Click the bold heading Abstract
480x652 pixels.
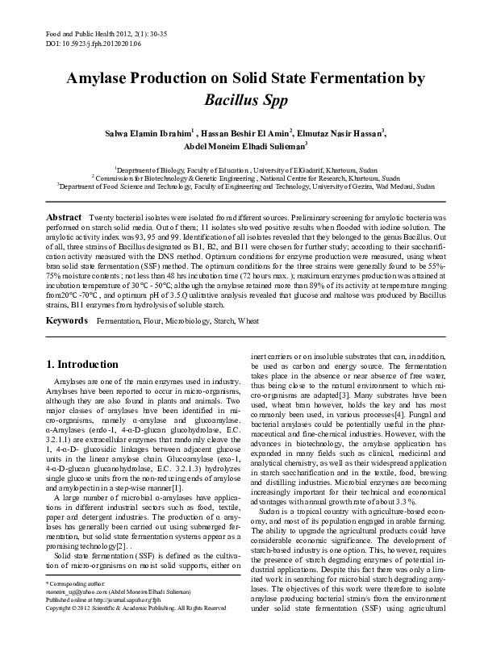(65, 218)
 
